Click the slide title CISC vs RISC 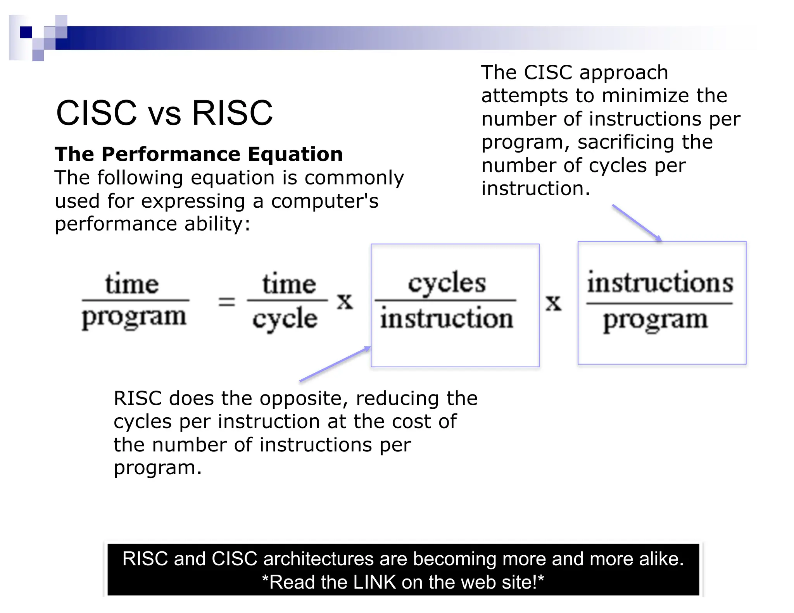[x=164, y=113]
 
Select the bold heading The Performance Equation [x=198, y=154]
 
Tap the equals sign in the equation [x=226, y=301]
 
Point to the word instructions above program [x=660, y=283]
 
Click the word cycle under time [x=285, y=319]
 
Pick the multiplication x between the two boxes [x=553, y=303]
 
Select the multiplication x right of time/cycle [x=345, y=301]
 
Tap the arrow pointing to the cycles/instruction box [x=335, y=364]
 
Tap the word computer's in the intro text [x=325, y=201]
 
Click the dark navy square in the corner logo [x=26, y=32]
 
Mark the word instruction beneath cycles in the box [x=447, y=319]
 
